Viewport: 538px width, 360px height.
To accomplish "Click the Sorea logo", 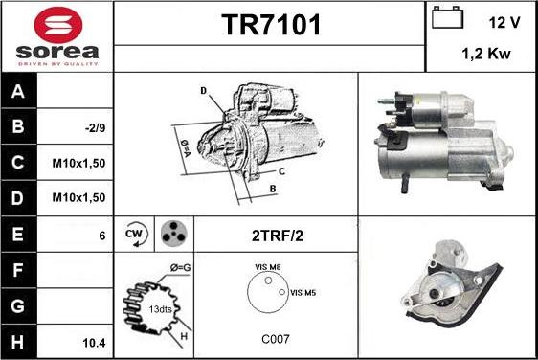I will tap(56, 35).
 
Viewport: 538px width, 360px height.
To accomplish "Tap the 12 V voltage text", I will tap(504, 21).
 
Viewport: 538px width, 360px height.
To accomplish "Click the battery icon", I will tap(447, 18).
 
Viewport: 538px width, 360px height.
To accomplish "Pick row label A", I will tap(18, 91).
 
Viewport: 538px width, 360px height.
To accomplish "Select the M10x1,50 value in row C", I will tap(78, 163).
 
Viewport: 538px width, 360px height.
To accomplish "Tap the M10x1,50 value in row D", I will tap(78, 197).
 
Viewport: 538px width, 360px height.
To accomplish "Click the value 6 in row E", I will tap(101, 234).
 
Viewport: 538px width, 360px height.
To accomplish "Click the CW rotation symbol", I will tap(134, 233).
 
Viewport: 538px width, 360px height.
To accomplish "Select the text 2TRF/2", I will tap(275, 233).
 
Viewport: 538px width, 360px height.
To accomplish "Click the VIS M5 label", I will tap(303, 292).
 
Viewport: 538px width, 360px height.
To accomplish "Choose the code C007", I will tap(275, 339).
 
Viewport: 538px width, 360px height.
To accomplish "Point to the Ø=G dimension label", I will tap(179, 268).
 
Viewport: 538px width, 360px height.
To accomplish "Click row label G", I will tap(18, 306).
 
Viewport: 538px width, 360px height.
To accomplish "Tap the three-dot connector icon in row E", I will tap(172, 233).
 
